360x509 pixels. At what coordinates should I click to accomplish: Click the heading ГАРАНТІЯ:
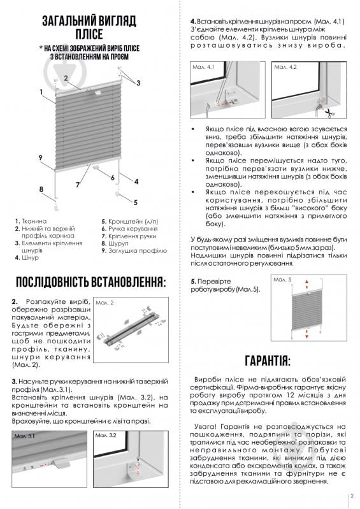coord(267,361)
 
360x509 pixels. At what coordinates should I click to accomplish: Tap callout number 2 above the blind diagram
coord(66,77)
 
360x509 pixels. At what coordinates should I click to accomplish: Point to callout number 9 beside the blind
coord(40,157)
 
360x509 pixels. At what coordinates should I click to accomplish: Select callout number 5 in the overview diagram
coord(135,202)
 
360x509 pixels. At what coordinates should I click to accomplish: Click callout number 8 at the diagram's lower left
coord(41,189)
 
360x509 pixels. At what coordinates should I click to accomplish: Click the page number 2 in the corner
coord(351,496)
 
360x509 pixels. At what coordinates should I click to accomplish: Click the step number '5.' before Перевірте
coord(194,281)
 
